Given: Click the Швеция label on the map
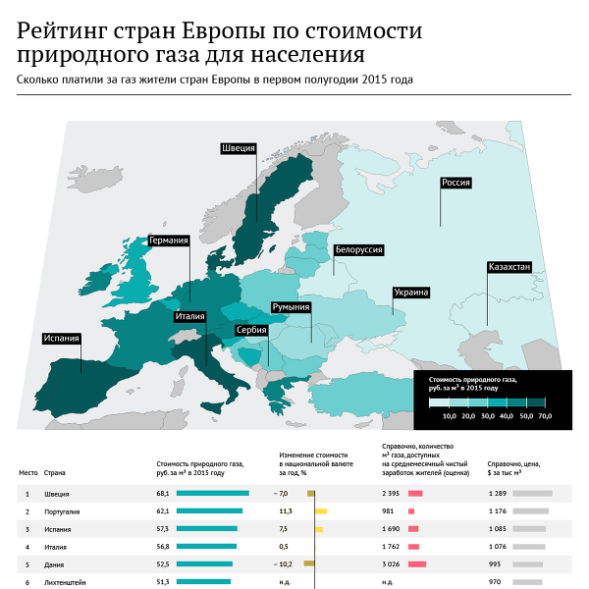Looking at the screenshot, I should (x=239, y=148).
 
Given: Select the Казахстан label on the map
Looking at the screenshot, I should (x=509, y=267).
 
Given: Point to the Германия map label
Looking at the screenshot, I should (x=168, y=240).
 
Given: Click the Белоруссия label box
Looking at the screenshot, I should (x=358, y=250).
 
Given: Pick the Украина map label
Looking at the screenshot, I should (x=409, y=293).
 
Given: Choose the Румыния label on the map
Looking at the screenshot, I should (x=291, y=307).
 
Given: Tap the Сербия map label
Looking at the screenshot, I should (x=252, y=330).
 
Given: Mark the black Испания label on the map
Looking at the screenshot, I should (x=60, y=339).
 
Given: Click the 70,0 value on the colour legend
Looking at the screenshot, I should (x=545, y=416).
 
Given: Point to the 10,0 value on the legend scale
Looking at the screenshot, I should (x=450, y=416).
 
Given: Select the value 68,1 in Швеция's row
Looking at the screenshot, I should (x=163, y=493).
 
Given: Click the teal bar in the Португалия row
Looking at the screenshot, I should (x=209, y=511).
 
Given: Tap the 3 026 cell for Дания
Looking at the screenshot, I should (x=391, y=563).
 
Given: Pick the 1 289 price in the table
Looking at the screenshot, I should (x=496, y=493).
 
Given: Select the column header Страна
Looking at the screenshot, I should (x=55, y=472).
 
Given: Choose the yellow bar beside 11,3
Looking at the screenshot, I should (x=321, y=511).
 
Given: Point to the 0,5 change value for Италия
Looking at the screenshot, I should (x=284, y=546).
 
